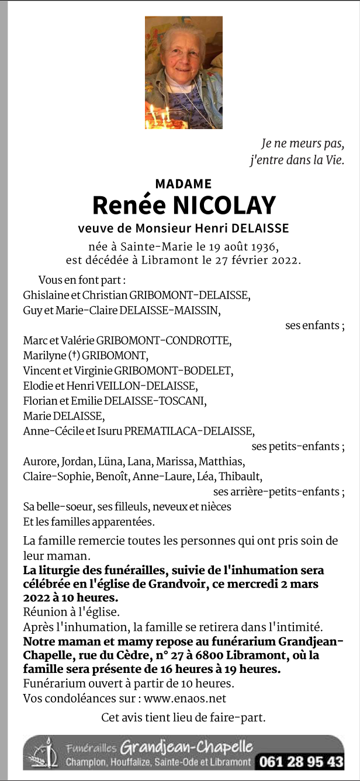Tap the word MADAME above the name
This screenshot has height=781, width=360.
coord(184,184)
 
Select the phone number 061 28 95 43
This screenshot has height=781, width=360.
coord(301,762)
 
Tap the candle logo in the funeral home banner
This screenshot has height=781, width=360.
coord(46,753)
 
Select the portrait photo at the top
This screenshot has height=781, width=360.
coord(184,72)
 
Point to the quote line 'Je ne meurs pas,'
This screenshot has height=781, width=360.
coord(302,143)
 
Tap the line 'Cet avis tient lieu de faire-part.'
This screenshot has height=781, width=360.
coord(183,717)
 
